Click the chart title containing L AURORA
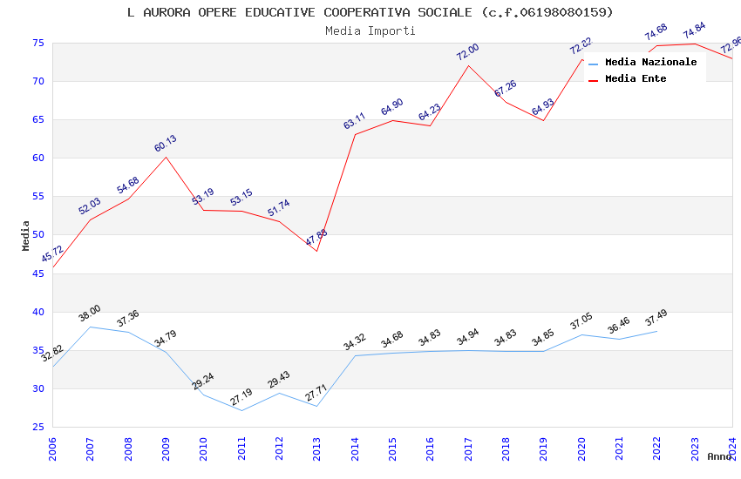[370, 12]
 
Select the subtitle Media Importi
[370, 30]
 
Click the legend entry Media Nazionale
[650, 62]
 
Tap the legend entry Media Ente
[636, 78]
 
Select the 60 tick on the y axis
[37, 159]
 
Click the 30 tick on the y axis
[37, 388]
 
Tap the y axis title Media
[25, 235]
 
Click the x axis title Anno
[719, 456]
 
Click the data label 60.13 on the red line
[166, 144]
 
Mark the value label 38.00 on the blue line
[90, 314]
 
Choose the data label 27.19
[241, 397]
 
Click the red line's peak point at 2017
[468, 66]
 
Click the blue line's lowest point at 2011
[241, 410]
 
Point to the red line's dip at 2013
[316, 251]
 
